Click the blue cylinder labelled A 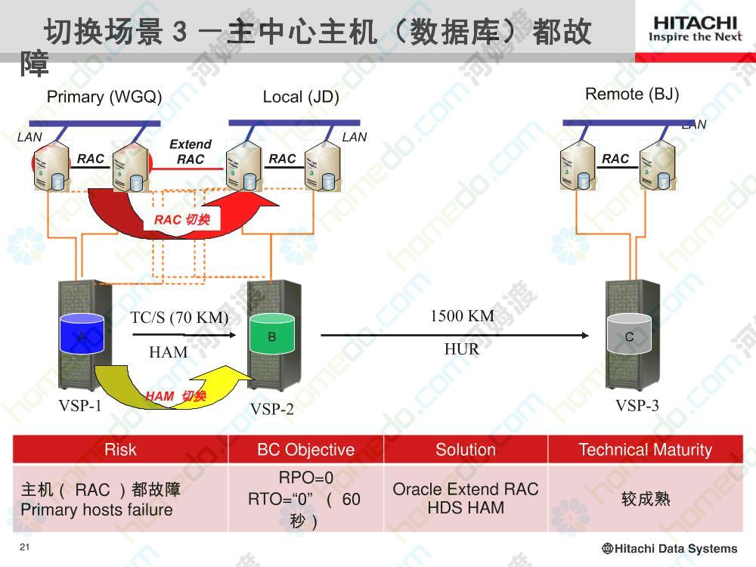coord(82,333)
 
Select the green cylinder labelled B coord(272,333)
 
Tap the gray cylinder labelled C coord(629,333)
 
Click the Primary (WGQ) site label coord(104,97)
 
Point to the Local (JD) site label coord(301,97)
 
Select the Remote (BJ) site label coord(632,94)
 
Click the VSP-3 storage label coord(637,405)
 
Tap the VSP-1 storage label coord(80,405)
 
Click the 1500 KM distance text coord(463,316)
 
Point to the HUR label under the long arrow coord(462,349)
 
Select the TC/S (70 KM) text coord(179,318)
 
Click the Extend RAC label coord(191,151)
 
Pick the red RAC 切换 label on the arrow coord(181,220)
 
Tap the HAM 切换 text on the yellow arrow coord(176,396)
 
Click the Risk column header coord(120,449)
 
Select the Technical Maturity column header coord(645,449)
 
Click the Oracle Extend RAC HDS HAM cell coord(466,498)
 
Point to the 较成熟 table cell coord(646,498)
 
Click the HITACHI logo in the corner coord(695,29)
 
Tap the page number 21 coord(25,547)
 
